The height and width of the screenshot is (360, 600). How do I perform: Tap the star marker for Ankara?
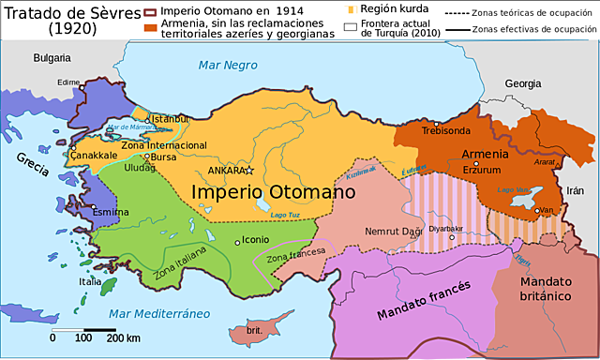250,171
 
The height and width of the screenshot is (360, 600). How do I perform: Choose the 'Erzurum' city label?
481,171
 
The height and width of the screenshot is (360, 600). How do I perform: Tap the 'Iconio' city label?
256,239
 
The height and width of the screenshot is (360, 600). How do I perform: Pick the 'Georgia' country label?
522,83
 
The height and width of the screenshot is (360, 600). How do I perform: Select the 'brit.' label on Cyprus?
254,331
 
